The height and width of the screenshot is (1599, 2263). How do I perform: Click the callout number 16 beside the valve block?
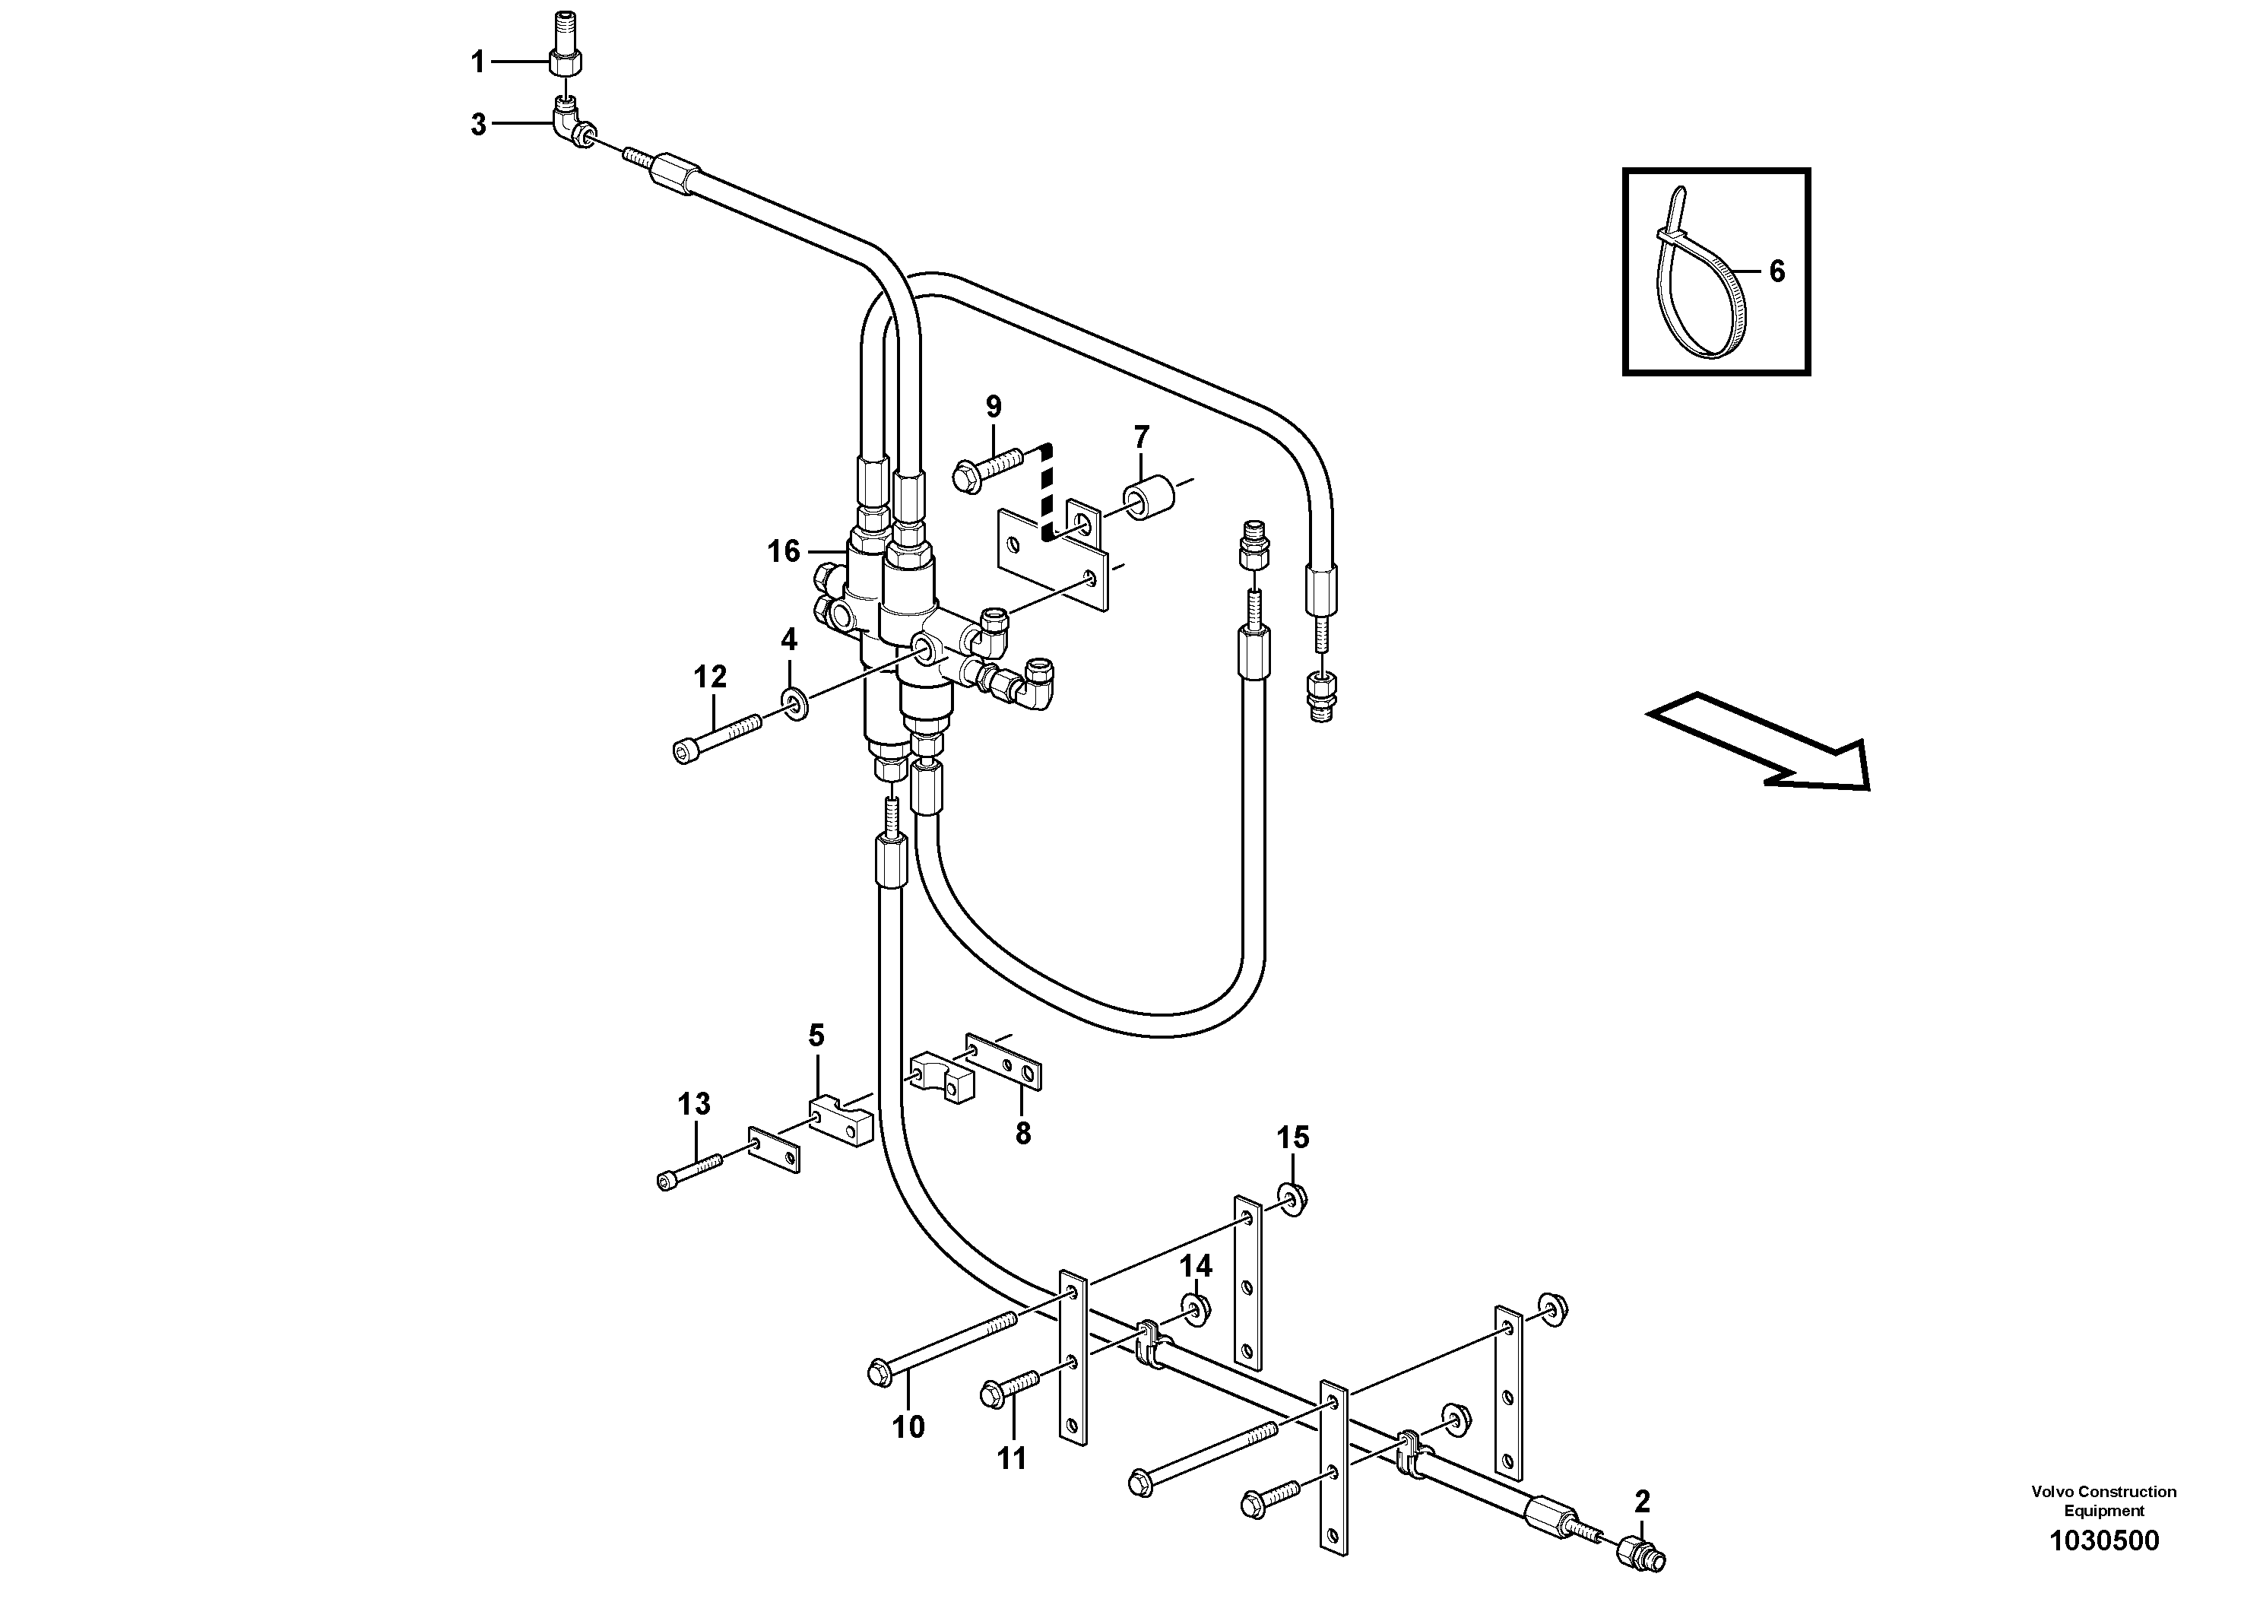[784, 551]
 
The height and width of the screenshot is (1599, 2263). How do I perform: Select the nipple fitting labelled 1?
[566, 60]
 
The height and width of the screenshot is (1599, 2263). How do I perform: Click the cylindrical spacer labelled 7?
[1150, 499]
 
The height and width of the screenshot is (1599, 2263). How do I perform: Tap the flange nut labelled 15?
[1292, 1198]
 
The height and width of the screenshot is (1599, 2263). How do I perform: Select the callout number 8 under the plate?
[1022, 1134]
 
